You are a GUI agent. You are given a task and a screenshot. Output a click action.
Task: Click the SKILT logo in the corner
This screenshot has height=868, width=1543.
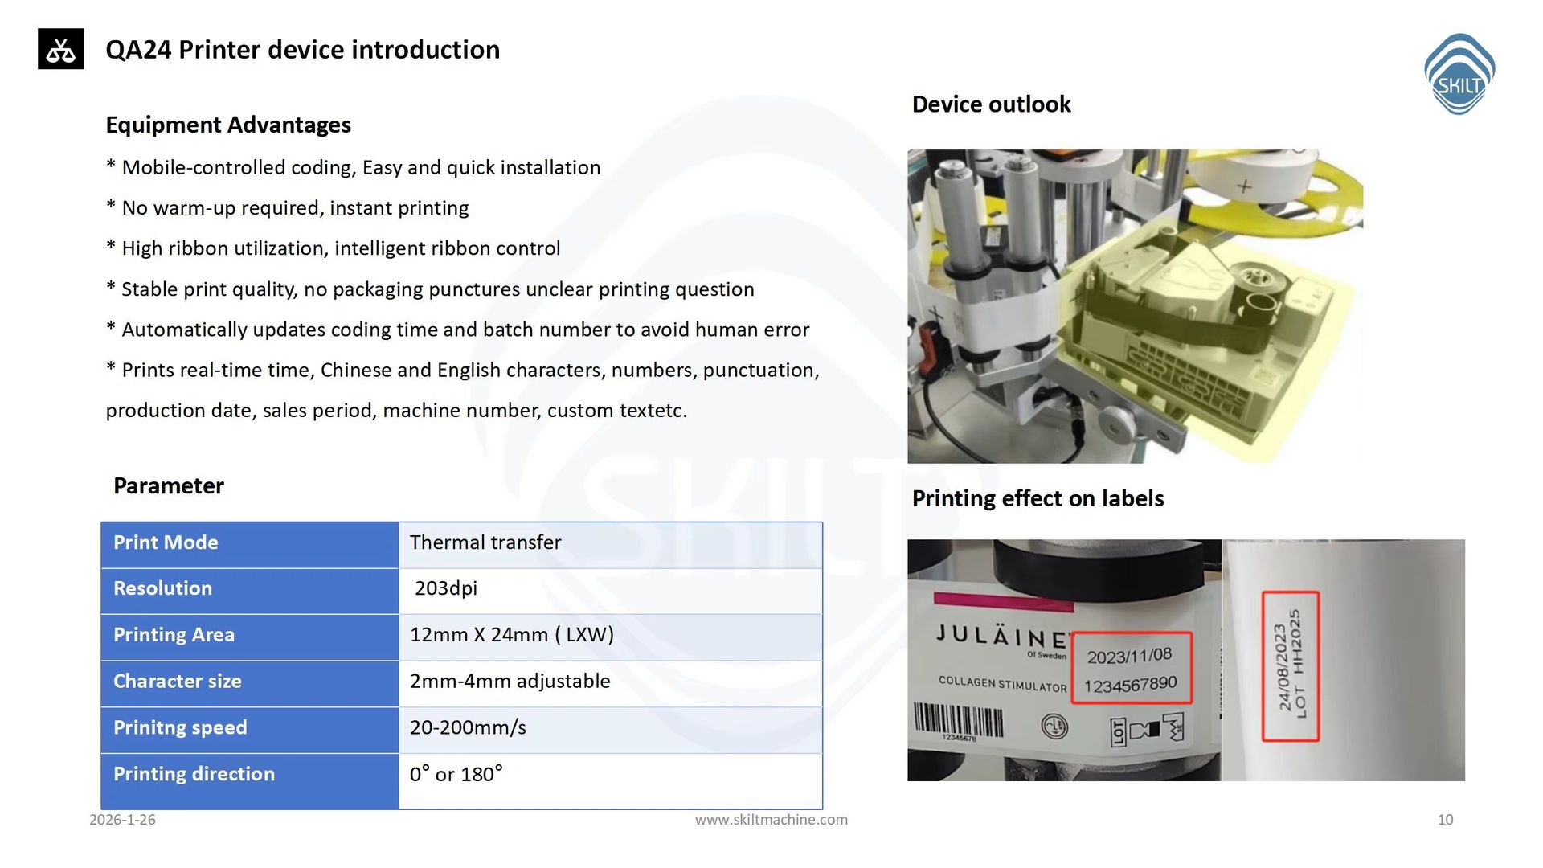point(1459,74)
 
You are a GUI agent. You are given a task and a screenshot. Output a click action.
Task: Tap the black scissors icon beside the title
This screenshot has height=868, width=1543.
point(60,49)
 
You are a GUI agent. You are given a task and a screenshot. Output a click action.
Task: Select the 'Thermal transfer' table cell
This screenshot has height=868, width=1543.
point(485,542)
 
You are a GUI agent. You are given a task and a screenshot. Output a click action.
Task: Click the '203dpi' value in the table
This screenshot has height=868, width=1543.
point(446,588)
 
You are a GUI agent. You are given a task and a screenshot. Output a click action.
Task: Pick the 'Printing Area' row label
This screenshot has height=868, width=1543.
point(174,635)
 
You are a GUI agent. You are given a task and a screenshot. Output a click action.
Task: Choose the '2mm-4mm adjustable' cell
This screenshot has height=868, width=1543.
point(510,682)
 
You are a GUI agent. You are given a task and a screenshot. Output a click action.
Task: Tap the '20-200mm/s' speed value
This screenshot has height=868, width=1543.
point(468,728)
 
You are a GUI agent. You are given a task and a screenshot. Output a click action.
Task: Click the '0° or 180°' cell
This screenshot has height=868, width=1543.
point(456,774)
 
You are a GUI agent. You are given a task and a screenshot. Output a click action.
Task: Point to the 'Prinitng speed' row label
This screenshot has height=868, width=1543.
point(180,728)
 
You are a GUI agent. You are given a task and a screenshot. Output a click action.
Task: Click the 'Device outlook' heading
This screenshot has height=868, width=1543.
point(992,104)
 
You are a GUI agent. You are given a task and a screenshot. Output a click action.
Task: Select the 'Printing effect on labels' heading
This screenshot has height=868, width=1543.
point(1038,499)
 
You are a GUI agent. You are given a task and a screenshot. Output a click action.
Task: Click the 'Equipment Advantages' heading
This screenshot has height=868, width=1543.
point(228,125)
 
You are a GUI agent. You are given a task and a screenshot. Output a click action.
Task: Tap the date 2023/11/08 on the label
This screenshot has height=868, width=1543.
point(1129,657)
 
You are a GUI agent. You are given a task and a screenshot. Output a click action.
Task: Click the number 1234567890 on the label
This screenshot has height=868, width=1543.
point(1130,685)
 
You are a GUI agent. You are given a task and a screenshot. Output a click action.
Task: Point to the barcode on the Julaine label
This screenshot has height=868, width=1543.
point(959,721)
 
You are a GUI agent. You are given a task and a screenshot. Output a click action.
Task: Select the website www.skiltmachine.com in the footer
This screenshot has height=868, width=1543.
point(771,820)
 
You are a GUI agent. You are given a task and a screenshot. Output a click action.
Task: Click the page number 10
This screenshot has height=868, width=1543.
point(1446,820)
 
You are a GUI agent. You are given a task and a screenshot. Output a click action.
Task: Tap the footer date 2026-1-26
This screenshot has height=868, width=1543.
point(122,820)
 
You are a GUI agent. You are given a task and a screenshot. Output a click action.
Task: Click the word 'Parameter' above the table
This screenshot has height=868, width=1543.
point(169,486)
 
